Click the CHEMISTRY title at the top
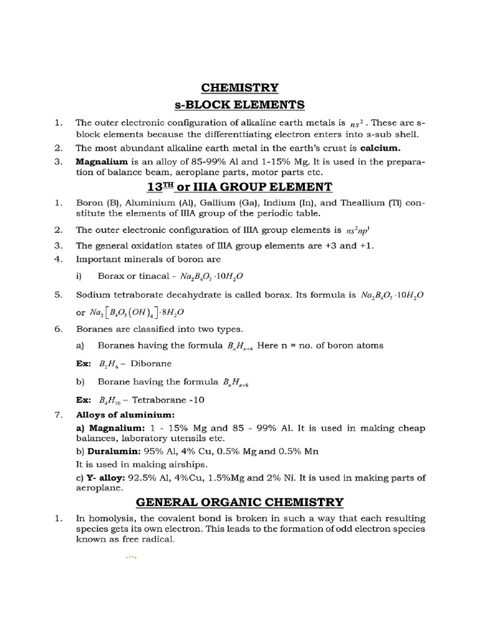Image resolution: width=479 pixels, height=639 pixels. tap(239, 87)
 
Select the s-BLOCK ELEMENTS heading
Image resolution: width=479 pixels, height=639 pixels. tap(239, 104)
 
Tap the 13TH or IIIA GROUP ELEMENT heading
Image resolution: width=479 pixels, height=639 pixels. tap(239, 187)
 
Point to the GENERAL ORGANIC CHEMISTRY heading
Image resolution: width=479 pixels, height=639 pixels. tap(239, 501)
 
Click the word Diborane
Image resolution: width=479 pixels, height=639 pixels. tap(150, 363)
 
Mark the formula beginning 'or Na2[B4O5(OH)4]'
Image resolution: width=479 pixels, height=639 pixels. tap(138, 311)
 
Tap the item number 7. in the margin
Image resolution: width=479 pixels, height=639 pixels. tap(57, 414)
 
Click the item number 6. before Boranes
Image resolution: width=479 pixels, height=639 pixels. tap(57, 328)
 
